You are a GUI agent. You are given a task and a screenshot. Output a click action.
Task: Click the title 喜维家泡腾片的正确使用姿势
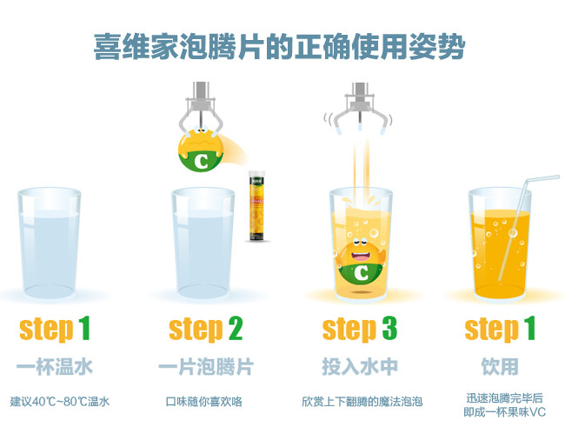tap(280, 47)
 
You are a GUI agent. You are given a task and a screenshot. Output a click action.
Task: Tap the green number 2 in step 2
tap(236, 329)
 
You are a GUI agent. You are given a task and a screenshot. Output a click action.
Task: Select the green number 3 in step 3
tap(389, 329)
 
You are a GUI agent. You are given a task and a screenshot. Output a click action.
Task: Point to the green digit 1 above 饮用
tap(529, 329)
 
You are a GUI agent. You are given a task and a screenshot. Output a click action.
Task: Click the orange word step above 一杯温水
tap(46, 330)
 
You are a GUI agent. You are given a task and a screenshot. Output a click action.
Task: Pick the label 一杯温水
tap(55, 367)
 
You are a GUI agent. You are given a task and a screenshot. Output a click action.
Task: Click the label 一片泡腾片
tap(206, 367)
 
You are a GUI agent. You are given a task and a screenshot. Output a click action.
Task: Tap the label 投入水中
tap(360, 367)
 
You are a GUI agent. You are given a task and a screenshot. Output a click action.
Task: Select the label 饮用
tap(500, 367)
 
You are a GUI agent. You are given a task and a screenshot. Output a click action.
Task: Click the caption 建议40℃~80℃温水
tap(60, 402)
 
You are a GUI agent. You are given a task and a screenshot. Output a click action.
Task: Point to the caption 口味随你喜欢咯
tap(204, 402)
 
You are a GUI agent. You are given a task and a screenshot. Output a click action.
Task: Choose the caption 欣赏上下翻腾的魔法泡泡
tap(362, 402)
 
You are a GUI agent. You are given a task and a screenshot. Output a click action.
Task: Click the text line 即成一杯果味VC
tap(505, 412)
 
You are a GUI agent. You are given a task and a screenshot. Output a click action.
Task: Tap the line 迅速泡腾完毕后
tap(504, 398)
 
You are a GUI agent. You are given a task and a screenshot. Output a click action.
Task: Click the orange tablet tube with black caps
tap(256, 206)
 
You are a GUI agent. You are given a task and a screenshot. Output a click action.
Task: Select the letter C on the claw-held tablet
tap(202, 161)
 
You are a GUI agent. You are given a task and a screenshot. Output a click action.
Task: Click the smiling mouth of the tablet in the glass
tap(361, 257)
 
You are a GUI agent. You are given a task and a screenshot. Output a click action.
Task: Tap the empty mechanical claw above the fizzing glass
tap(359, 109)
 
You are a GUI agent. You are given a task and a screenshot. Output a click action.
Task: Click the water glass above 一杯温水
tap(49, 243)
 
